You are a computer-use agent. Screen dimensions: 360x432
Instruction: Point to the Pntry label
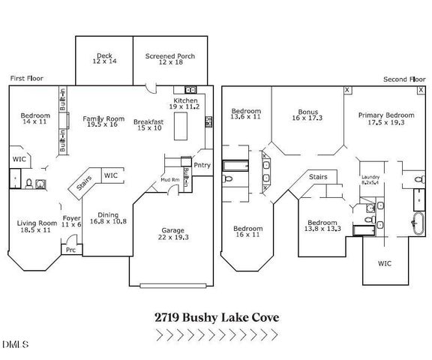point(202,165)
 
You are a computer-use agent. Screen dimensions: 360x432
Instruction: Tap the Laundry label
point(370,178)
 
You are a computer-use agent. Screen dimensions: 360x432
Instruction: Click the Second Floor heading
point(403,78)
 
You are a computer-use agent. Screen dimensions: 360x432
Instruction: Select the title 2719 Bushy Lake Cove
point(215,316)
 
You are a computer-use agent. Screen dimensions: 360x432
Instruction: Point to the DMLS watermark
point(13,345)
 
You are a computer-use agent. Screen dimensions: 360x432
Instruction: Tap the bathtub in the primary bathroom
point(413,223)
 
